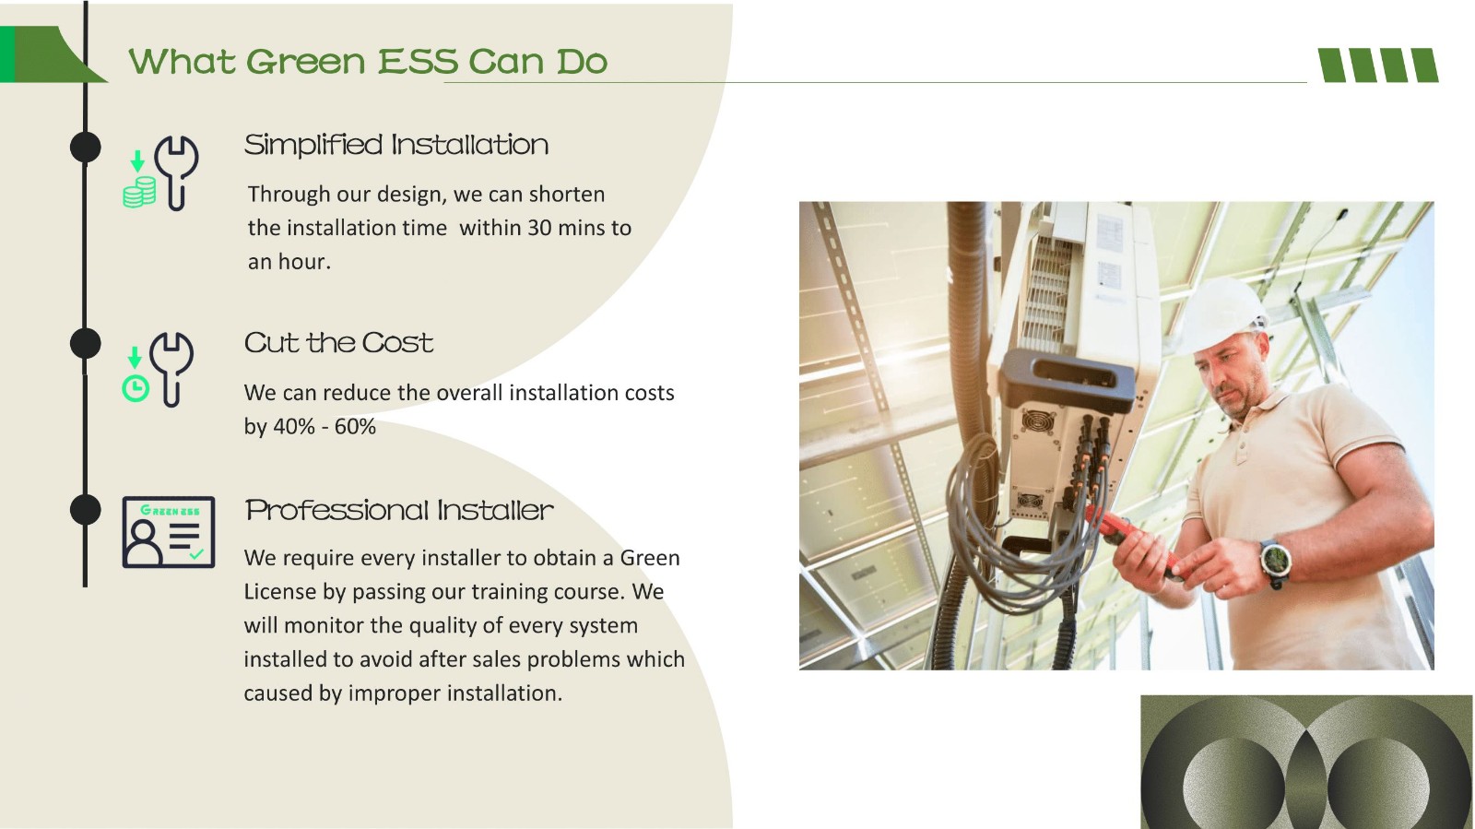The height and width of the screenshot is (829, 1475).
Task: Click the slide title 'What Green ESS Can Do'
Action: tap(368, 62)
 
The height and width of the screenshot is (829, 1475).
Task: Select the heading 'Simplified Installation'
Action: tap(395, 145)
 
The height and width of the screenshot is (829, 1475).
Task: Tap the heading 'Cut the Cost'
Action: tap(338, 342)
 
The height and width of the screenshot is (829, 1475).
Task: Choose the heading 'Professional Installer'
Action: tap(399, 510)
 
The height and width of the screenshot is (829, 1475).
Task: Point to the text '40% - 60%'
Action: tap(324, 427)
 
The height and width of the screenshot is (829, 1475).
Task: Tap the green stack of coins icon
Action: tap(139, 192)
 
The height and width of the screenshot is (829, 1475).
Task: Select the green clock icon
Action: tap(136, 388)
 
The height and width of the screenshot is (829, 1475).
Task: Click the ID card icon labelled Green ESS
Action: tap(169, 532)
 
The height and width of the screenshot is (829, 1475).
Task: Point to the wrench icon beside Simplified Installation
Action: tap(176, 172)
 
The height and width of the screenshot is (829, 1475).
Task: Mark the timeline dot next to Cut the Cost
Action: tap(86, 343)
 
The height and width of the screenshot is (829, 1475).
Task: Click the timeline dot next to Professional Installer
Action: tap(86, 510)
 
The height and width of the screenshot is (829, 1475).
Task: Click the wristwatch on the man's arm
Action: tap(1276, 562)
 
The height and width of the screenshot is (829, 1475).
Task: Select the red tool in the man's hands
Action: tap(1132, 539)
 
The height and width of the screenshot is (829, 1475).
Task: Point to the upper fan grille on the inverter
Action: tap(1037, 420)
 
